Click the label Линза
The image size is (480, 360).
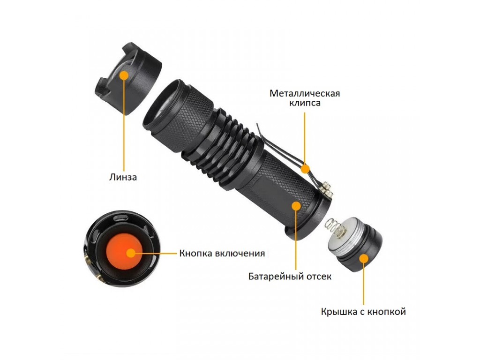point(123,177)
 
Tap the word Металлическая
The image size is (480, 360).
point(305,93)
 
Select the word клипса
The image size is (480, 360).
point(305,103)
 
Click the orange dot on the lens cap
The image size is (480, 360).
point(124,75)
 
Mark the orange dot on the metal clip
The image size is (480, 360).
point(305,168)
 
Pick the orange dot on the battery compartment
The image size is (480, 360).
point(296,205)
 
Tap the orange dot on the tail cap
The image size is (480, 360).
point(364,259)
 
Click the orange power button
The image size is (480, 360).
point(124,253)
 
